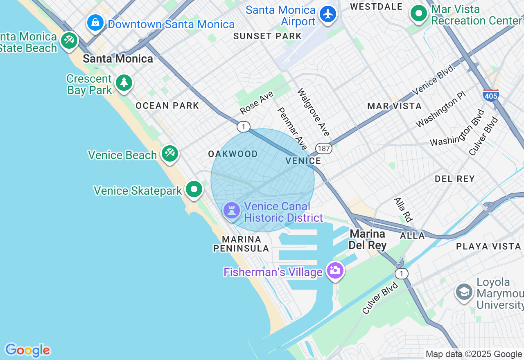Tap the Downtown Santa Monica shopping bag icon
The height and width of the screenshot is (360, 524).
(x=95, y=22)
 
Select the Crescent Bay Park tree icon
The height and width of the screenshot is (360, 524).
(x=124, y=83)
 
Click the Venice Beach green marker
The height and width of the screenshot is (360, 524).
(x=169, y=153)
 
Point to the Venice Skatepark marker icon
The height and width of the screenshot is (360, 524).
(x=194, y=189)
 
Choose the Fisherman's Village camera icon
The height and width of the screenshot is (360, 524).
(x=335, y=270)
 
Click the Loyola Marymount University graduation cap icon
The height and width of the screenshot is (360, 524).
(x=464, y=292)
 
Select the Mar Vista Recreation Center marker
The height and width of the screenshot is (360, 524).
(x=418, y=14)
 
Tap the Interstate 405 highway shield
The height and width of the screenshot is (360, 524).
(x=490, y=95)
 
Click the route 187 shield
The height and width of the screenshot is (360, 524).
(x=323, y=148)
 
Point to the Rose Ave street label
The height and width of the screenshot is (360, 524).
(x=256, y=103)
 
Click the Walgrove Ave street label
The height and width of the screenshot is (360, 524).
(x=314, y=112)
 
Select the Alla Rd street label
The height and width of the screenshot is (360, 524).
(x=402, y=209)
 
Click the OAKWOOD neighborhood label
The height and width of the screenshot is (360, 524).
(x=233, y=154)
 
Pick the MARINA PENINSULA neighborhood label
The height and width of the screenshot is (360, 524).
(x=242, y=244)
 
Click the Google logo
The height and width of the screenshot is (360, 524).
(x=27, y=350)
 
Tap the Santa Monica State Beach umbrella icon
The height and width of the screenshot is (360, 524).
(x=69, y=40)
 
